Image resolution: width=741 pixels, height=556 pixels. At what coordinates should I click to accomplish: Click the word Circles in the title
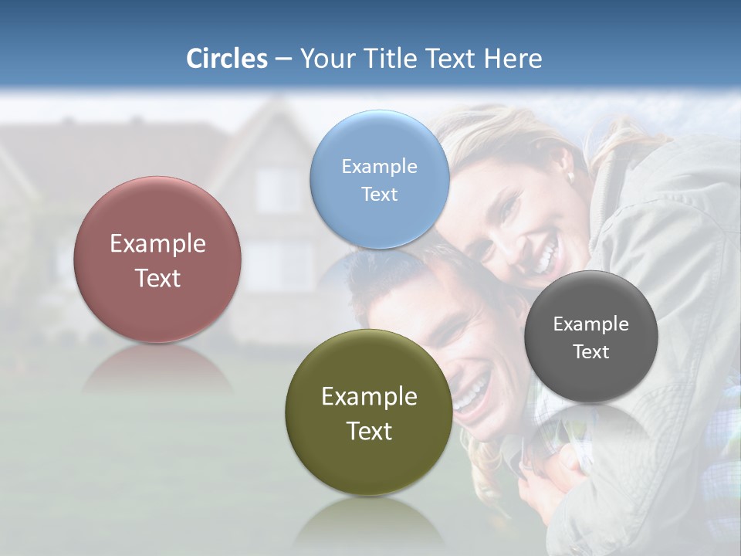(226, 59)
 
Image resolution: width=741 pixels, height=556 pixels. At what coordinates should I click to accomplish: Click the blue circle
(379, 179)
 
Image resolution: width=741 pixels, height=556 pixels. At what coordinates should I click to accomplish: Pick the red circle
(157, 259)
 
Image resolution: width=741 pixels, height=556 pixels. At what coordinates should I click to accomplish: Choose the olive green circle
(369, 412)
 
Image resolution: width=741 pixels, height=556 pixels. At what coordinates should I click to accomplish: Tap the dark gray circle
(590, 337)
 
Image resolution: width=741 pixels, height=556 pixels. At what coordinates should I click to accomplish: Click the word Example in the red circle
(157, 243)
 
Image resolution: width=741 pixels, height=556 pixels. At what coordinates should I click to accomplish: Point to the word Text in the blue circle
(379, 194)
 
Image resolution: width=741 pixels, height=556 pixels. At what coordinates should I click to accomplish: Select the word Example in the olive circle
(369, 396)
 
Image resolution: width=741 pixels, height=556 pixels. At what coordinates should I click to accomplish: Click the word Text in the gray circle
(591, 351)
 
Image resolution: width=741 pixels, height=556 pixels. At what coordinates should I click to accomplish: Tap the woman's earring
(570, 177)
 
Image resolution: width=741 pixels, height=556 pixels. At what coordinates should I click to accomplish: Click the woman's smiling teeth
(547, 255)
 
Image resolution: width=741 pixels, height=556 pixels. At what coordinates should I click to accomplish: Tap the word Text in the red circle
(157, 278)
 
